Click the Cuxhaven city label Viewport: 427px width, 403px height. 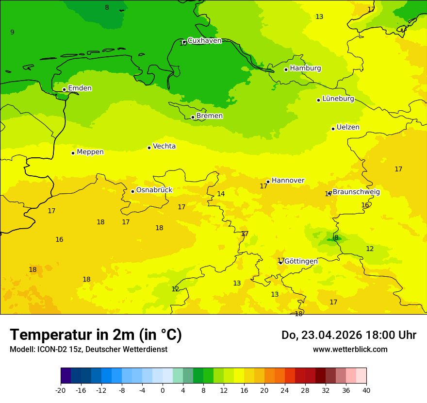(x=204, y=41)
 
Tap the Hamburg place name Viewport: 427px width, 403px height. (x=305, y=68)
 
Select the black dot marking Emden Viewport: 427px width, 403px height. (x=64, y=89)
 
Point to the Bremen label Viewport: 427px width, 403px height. (x=209, y=116)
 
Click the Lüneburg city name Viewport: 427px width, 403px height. (x=338, y=99)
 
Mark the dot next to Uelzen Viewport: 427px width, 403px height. (x=333, y=129)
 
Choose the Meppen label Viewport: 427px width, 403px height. (x=90, y=152)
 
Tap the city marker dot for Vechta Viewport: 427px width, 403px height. (x=149, y=148)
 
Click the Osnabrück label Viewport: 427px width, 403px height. (x=154, y=190)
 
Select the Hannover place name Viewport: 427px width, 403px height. (x=288, y=181)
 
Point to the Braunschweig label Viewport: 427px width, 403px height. (x=356, y=192)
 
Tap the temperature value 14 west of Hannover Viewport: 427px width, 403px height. (x=221, y=194)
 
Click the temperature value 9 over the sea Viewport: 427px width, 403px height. (x=12, y=33)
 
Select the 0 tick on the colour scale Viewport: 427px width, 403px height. (x=163, y=390)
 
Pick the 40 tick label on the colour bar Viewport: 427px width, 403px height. (x=366, y=390)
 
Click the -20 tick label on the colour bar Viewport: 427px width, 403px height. (x=61, y=390)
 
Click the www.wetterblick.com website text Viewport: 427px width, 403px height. (x=350, y=350)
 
